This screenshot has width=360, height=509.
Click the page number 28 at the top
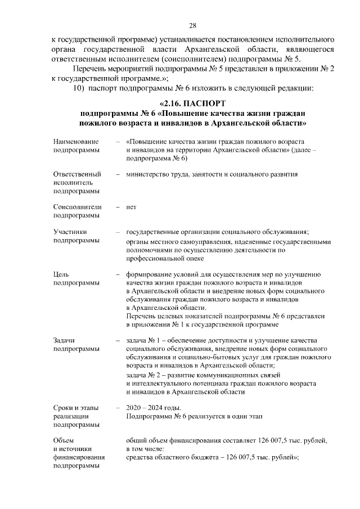pos(192,26)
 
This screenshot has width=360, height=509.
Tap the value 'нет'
pos(132,207)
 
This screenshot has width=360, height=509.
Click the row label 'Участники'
pos(70,232)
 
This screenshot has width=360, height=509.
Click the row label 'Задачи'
pos(65,340)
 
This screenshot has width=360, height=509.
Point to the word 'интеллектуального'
pos(159,383)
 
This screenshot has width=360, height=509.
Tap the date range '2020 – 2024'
pos(145,407)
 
